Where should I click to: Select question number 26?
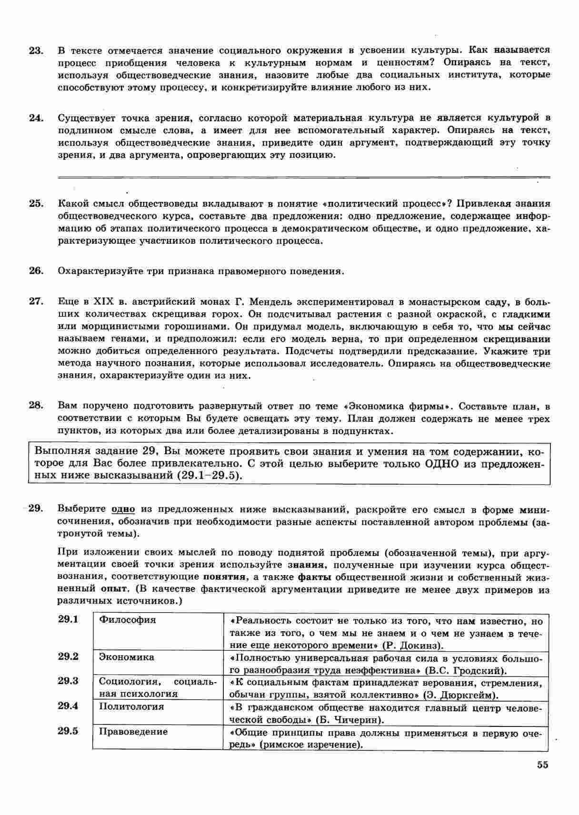tap(36, 271)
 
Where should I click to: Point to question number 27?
tap(36, 301)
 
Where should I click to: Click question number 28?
tap(36, 406)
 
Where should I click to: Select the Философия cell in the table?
tap(127, 620)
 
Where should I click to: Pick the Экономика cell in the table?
tap(127, 657)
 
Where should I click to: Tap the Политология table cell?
tap(131, 706)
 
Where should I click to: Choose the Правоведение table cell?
tap(133, 731)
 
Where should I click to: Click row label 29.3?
tap(68, 681)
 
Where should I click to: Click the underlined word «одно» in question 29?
tap(123, 509)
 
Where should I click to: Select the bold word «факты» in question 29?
tap(314, 577)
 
